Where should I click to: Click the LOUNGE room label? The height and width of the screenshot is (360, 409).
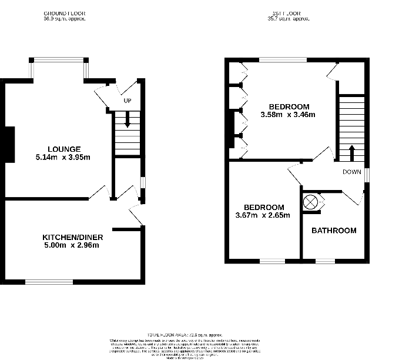(x=65, y=149)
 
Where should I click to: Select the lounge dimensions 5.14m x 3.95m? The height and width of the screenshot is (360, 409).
(x=65, y=157)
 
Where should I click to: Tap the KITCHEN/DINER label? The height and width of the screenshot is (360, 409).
(x=73, y=237)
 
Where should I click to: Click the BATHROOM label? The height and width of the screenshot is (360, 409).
(x=334, y=231)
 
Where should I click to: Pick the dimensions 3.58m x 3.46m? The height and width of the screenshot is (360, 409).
(x=288, y=115)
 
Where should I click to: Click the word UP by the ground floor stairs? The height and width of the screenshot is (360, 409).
(x=127, y=101)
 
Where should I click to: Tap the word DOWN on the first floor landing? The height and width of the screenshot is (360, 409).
(x=353, y=172)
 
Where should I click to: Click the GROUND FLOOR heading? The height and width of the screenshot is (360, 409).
(x=65, y=12)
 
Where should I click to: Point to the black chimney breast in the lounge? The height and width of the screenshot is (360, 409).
(x=9, y=144)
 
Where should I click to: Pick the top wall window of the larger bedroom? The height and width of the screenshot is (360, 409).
(x=284, y=59)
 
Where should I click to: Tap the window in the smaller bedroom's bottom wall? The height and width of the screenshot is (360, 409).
(x=271, y=261)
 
